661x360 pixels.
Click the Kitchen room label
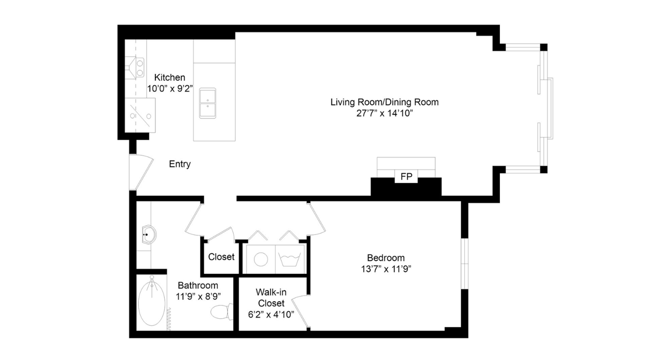click(x=170, y=77)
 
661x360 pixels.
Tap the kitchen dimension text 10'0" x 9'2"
click(x=170, y=88)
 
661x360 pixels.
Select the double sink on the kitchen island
click(x=208, y=103)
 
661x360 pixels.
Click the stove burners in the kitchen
click(x=139, y=68)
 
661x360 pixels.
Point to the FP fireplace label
click(x=406, y=177)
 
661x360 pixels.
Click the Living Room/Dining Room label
click(x=384, y=102)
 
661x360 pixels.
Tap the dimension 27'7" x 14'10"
click(x=384, y=113)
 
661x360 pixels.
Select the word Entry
click(x=180, y=164)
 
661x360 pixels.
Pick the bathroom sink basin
click(x=149, y=234)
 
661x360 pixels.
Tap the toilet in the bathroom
click(x=222, y=311)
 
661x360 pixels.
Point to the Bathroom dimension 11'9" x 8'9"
click(x=198, y=296)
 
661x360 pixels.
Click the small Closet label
click(x=222, y=257)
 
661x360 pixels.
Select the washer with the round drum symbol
click(x=261, y=259)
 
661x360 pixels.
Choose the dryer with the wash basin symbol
click(x=290, y=259)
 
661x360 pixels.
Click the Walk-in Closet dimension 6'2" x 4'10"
click(x=271, y=315)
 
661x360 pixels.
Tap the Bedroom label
click(x=386, y=258)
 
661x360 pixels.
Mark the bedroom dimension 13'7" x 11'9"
click(x=386, y=269)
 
